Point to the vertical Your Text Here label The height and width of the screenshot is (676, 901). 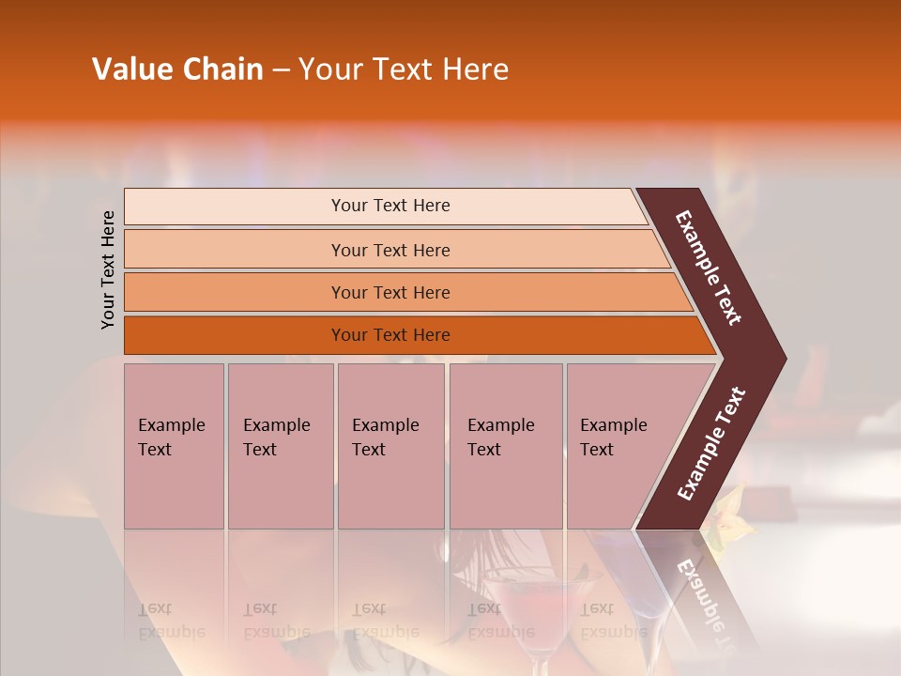click(x=108, y=269)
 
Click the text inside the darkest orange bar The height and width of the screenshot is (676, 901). click(x=390, y=335)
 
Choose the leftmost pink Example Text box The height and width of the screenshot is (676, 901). click(x=174, y=445)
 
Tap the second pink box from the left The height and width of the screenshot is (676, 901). click(x=280, y=445)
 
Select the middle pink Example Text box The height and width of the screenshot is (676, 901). click(x=390, y=445)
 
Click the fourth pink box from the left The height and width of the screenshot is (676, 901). click(x=505, y=445)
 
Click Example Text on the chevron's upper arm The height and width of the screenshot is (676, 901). click(x=710, y=268)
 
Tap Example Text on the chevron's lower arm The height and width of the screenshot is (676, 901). click(x=711, y=444)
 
